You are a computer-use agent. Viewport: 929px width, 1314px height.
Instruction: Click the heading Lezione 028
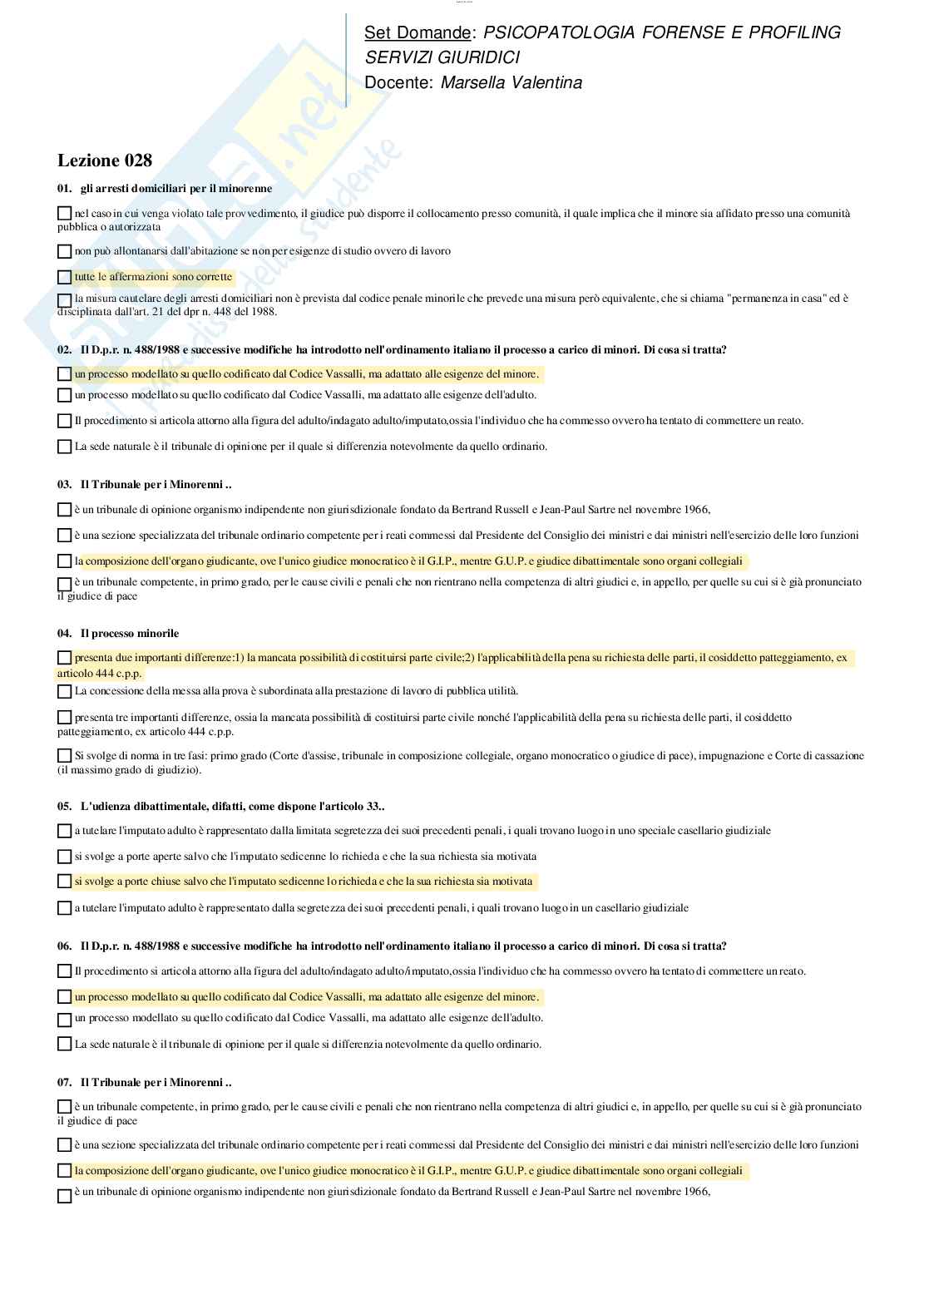[x=105, y=161]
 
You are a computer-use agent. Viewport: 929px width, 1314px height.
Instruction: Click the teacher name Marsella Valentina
[x=511, y=82]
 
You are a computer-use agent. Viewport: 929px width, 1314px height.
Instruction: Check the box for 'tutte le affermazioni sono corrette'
[x=65, y=277]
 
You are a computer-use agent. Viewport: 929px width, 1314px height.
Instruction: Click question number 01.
[x=65, y=188]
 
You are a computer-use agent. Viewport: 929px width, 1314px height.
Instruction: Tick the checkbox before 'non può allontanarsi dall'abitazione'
[x=65, y=251]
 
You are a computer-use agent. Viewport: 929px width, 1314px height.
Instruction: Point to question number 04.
[x=65, y=633]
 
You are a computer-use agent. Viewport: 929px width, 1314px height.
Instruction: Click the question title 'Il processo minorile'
[x=129, y=633]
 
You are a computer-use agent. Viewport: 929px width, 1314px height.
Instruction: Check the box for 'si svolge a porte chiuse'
[x=65, y=881]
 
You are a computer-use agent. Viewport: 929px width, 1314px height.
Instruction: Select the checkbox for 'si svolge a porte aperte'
[x=65, y=857]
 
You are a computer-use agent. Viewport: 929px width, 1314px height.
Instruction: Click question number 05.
[x=65, y=806]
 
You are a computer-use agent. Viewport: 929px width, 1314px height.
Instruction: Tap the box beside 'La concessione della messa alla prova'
[x=65, y=691]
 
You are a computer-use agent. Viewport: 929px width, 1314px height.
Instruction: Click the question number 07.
[x=65, y=1082]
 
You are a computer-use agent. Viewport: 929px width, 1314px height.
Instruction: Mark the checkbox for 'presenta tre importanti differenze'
[x=65, y=717]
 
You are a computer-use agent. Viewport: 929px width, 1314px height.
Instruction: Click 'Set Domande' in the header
[x=417, y=32]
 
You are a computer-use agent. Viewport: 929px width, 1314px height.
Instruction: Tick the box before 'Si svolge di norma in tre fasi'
[x=65, y=756]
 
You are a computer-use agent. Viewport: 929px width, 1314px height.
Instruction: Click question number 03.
[x=65, y=483]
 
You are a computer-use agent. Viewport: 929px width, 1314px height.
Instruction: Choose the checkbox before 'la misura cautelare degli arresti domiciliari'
[x=65, y=299]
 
